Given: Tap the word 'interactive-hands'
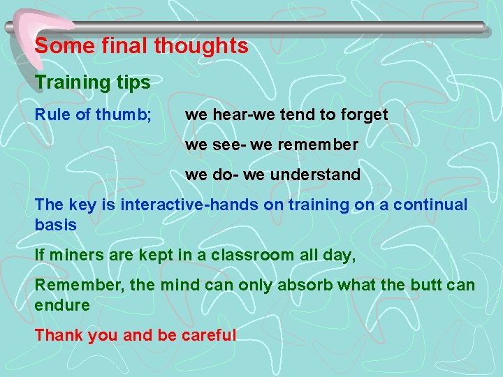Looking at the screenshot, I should [189, 205].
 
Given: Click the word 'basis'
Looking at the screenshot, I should [56, 226].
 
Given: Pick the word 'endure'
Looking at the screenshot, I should [62, 306].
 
